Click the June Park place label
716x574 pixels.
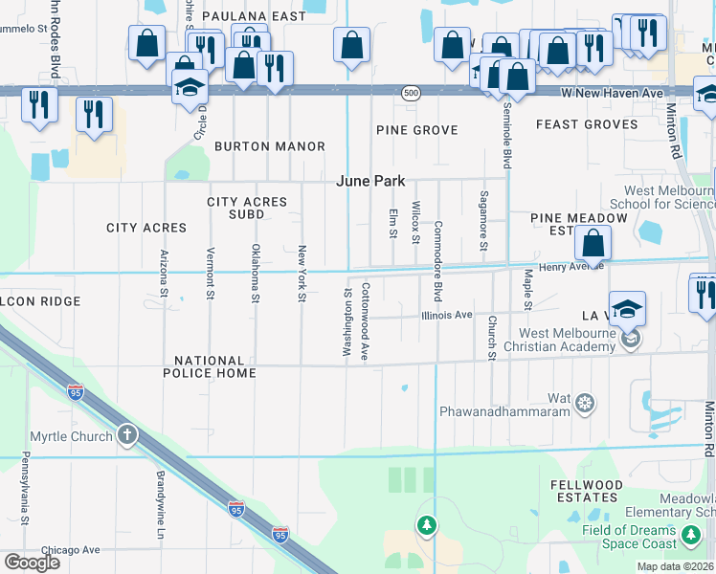point(370,181)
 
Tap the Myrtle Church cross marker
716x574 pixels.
point(126,436)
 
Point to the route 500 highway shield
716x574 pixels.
point(411,93)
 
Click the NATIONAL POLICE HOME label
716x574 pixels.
point(215,366)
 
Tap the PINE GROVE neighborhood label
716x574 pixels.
point(416,129)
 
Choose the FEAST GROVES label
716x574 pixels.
point(587,124)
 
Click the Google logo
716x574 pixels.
point(32,562)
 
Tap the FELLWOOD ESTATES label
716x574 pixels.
point(584,491)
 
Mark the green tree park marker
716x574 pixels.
point(427,524)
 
